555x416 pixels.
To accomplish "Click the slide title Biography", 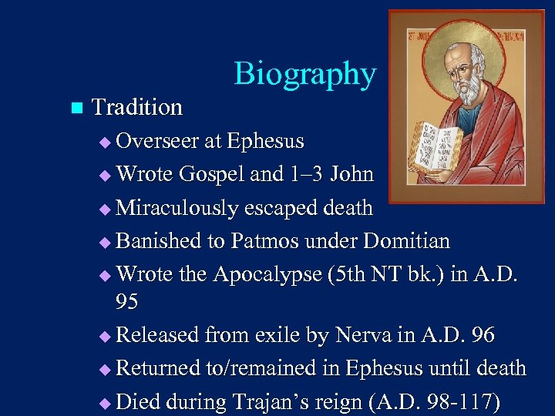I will (x=305, y=74).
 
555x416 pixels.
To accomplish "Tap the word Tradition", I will (x=137, y=107).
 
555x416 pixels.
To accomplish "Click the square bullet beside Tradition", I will (x=75, y=107).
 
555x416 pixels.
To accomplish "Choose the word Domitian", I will (x=405, y=241).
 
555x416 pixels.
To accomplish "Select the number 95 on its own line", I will (x=126, y=302).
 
